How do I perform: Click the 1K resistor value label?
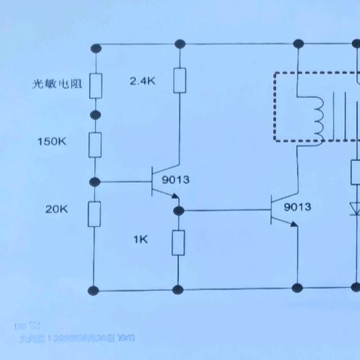pyautogui.click(x=140, y=239)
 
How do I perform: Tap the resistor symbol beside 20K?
pyautogui.click(x=95, y=214)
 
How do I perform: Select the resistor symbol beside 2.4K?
pyautogui.click(x=179, y=80)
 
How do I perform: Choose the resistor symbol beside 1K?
pyautogui.click(x=178, y=243)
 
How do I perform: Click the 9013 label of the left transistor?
pyautogui.click(x=175, y=179)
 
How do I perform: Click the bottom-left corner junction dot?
pyautogui.click(x=95, y=289)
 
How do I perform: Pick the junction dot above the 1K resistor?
pyautogui.click(x=178, y=211)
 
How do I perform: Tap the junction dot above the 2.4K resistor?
pyautogui.click(x=179, y=48)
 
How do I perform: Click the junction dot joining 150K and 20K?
pyautogui.click(x=95, y=181)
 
